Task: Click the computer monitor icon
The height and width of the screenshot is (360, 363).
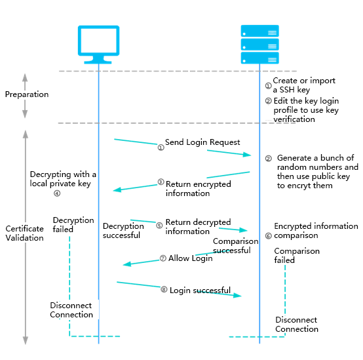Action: [99, 45]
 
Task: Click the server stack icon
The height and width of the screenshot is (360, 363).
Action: [259, 44]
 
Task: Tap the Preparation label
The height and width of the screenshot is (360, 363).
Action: [27, 94]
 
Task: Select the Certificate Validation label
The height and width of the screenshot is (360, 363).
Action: [24, 233]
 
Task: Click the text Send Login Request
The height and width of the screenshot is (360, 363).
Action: [202, 142]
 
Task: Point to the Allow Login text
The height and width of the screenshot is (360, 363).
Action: [190, 258]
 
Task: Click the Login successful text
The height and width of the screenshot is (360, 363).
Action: [200, 290]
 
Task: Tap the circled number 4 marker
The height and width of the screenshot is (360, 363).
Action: [57, 193]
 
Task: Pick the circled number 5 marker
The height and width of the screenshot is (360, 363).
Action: [159, 226]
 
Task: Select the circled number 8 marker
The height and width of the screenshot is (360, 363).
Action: [164, 289]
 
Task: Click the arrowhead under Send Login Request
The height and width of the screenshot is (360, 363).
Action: [247, 155]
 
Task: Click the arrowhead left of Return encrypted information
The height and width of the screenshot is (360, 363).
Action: [117, 190]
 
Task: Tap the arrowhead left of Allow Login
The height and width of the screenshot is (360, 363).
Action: [127, 264]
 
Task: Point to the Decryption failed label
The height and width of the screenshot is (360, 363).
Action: [73, 224]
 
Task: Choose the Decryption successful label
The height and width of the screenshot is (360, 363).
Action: [123, 231]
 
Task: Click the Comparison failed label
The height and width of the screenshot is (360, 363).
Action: [297, 255]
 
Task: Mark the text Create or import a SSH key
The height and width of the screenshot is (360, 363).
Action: [304, 85]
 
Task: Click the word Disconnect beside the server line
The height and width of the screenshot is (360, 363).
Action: [296, 320]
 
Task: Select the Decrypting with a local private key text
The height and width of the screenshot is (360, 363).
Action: [63, 179]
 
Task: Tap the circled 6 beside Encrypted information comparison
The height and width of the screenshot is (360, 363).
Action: [268, 236]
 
